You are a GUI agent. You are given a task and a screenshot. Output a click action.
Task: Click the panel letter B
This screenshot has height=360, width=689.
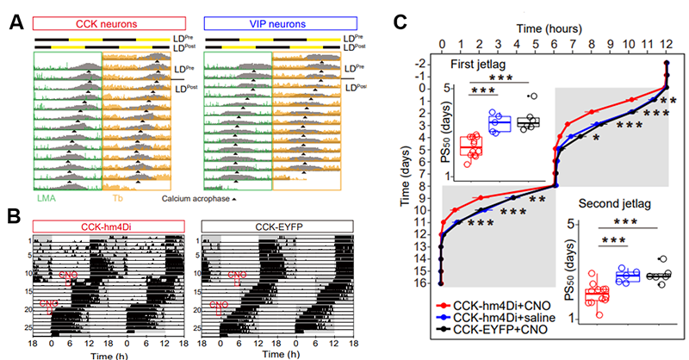(x=15, y=214)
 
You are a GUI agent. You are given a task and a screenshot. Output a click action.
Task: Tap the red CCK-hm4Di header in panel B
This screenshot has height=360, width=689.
(x=109, y=225)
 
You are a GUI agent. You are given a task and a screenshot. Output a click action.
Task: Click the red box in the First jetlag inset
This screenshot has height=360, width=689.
(x=471, y=147)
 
